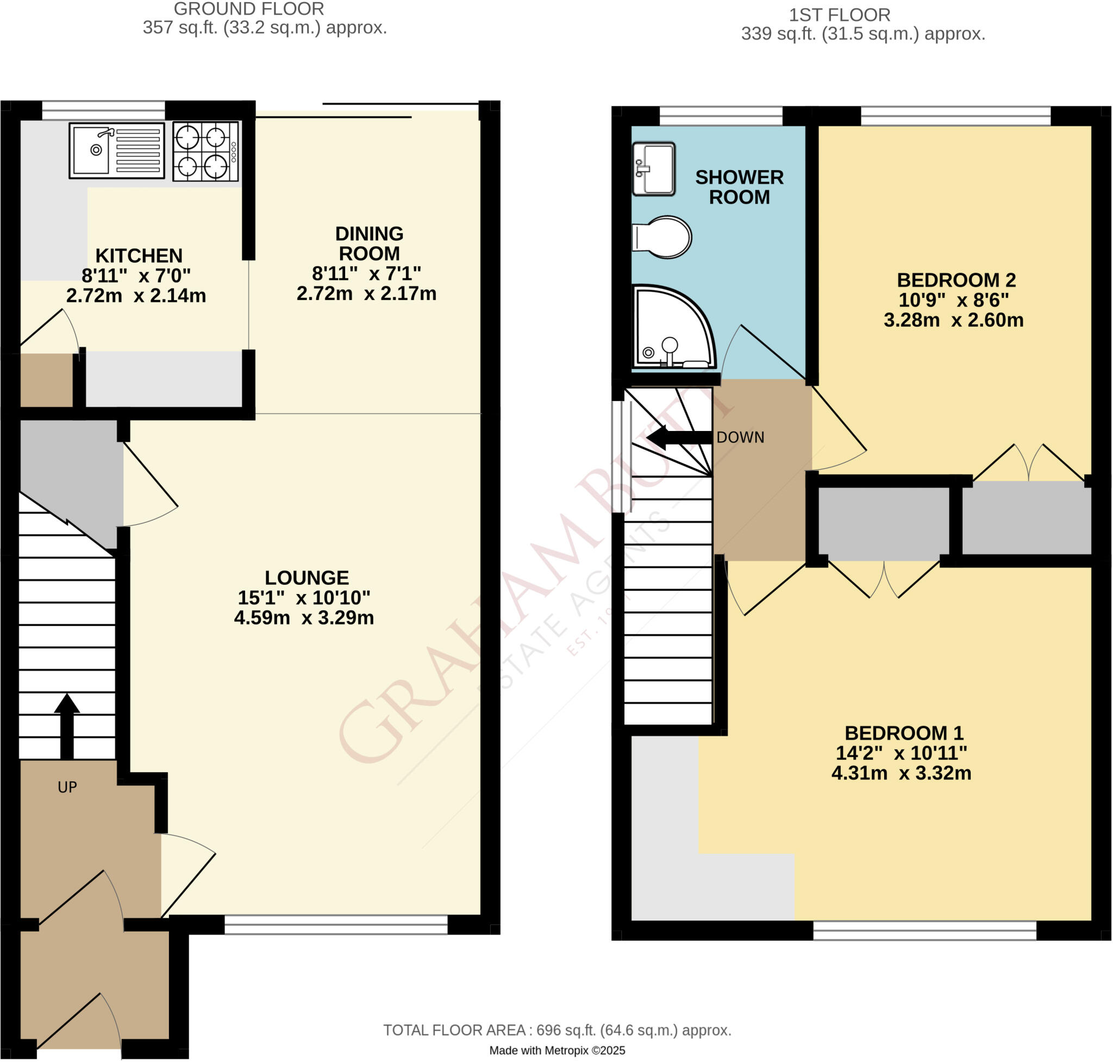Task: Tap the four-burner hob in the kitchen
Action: pos(205,152)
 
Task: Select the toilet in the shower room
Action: pos(662,237)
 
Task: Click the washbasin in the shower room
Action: pos(653,168)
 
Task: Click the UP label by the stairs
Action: pos(67,788)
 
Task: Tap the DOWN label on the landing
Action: pos(740,438)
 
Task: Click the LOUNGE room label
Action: pos(307,578)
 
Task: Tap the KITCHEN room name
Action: pos(139,256)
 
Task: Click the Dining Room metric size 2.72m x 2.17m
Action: pos(366,294)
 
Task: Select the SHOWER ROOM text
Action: pos(739,188)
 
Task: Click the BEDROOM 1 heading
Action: pos(904,734)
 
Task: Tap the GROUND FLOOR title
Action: pos(248,9)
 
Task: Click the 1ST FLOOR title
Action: pos(840,15)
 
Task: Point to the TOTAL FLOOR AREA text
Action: pos(557,1030)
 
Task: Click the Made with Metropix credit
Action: pos(557,1051)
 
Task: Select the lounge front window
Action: pos(336,925)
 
